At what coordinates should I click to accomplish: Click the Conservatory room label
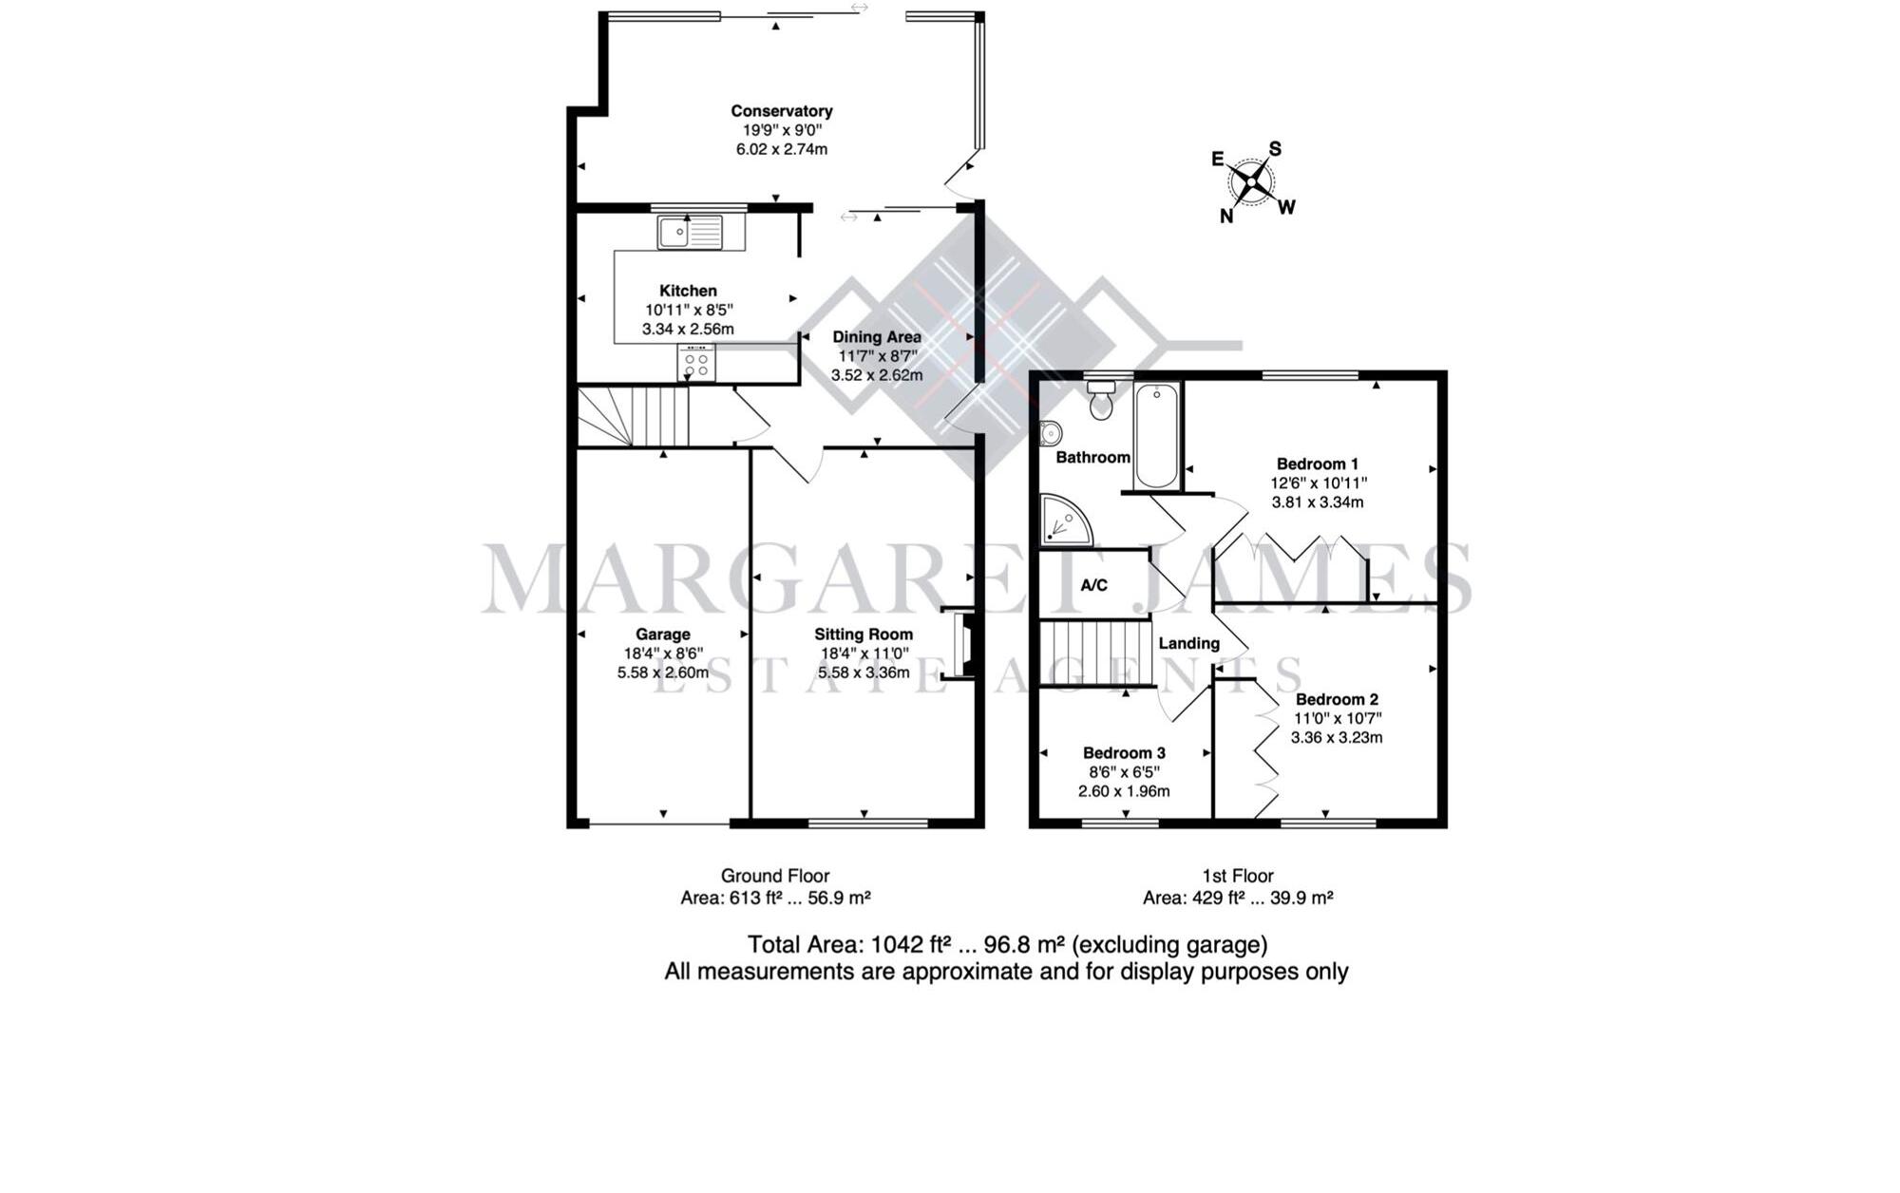[781, 111]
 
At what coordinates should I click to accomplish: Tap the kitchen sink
[689, 232]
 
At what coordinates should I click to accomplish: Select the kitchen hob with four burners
[696, 362]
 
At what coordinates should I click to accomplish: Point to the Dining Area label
[876, 336]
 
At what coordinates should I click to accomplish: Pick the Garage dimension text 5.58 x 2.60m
[662, 672]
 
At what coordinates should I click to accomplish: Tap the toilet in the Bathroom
[1101, 401]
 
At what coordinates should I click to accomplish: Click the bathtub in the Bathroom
[1156, 435]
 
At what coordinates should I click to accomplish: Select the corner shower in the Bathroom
[1063, 521]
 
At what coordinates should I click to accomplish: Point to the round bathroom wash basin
[1050, 433]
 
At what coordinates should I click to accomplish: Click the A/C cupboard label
[1093, 585]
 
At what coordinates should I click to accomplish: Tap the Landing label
[1188, 643]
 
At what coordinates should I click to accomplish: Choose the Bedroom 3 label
[1124, 753]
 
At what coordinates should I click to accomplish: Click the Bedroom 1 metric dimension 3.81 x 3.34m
[1317, 502]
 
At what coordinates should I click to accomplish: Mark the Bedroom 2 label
[1336, 699]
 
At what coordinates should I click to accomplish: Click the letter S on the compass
[1275, 149]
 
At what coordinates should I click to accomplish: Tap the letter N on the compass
[1226, 217]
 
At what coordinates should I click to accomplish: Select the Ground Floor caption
[775, 876]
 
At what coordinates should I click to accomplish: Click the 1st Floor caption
[1237, 876]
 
